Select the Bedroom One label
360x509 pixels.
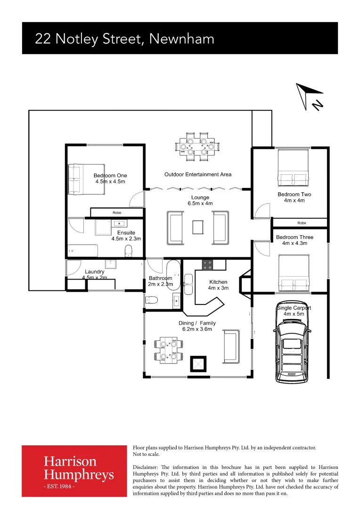click(x=110, y=179)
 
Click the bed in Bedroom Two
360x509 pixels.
click(x=293, y=168)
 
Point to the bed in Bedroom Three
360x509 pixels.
click(x=294, y=274)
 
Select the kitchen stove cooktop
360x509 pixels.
click(x=208, y=265)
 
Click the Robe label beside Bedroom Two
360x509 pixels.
click(x=302, y=222)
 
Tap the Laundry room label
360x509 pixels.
click(x=94, y=272)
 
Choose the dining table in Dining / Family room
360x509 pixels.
click(x=168, y=350)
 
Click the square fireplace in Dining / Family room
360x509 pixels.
click(x=198, y=364)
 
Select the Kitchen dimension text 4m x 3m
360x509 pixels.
click(x=218, y=288)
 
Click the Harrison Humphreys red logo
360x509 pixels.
click(x=74, y=471)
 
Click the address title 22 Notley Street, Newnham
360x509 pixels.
click(x=124, y=39)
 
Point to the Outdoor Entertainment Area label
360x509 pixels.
click(x=198, y=174)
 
